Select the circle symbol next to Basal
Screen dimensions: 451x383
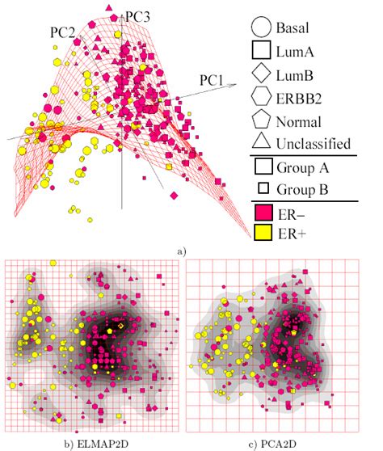[x=261, y=29]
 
